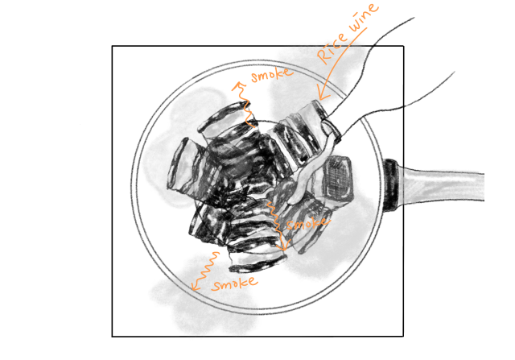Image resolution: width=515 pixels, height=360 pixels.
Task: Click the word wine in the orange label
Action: (363, 17)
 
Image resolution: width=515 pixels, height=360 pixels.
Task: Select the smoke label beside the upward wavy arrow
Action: (271, 75)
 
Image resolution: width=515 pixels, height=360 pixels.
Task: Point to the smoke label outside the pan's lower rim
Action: (234, 283)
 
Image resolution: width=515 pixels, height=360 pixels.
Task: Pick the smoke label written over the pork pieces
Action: (307, 223)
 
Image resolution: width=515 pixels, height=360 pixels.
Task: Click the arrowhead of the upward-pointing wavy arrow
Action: (239, 86)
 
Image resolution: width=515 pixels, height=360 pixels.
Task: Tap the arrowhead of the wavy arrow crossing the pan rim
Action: (196, 285)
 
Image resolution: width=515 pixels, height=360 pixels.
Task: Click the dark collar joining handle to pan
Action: (391, 184)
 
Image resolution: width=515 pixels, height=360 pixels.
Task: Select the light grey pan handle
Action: (441, 184)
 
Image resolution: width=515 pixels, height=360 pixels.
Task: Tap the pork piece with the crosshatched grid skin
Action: (337, 177)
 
